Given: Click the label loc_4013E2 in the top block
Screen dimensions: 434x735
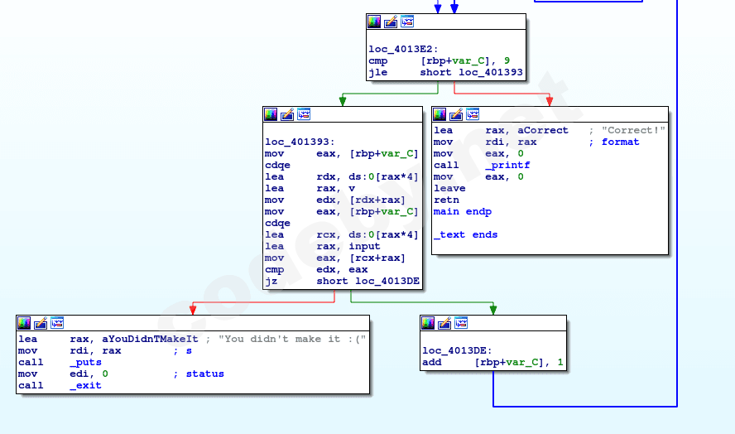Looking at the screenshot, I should [x=402, y=49].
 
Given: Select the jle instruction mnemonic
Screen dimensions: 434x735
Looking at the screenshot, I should [x=377, y=72].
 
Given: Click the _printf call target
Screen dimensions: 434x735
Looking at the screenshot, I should [x=507, y=165].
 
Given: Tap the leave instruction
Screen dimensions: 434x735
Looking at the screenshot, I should [x=449, y=188].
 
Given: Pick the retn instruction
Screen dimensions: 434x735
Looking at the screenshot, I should [x=446, y=200].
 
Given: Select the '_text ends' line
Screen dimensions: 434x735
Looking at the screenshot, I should [x=465, y=234].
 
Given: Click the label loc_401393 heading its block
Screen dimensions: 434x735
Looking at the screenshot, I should [x=298, y=142].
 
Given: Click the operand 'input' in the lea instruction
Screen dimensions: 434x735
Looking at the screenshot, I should [x=364, y=246].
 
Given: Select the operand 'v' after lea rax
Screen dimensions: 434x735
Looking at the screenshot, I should [x=352, y=188].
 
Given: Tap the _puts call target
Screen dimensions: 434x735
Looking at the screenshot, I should [x=85, y=362].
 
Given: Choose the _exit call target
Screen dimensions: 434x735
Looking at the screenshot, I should [x=85, y=385].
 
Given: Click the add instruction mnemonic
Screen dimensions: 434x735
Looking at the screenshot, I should [x=431, y=362].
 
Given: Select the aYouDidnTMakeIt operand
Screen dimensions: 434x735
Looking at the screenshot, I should [x=147, y=339].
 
